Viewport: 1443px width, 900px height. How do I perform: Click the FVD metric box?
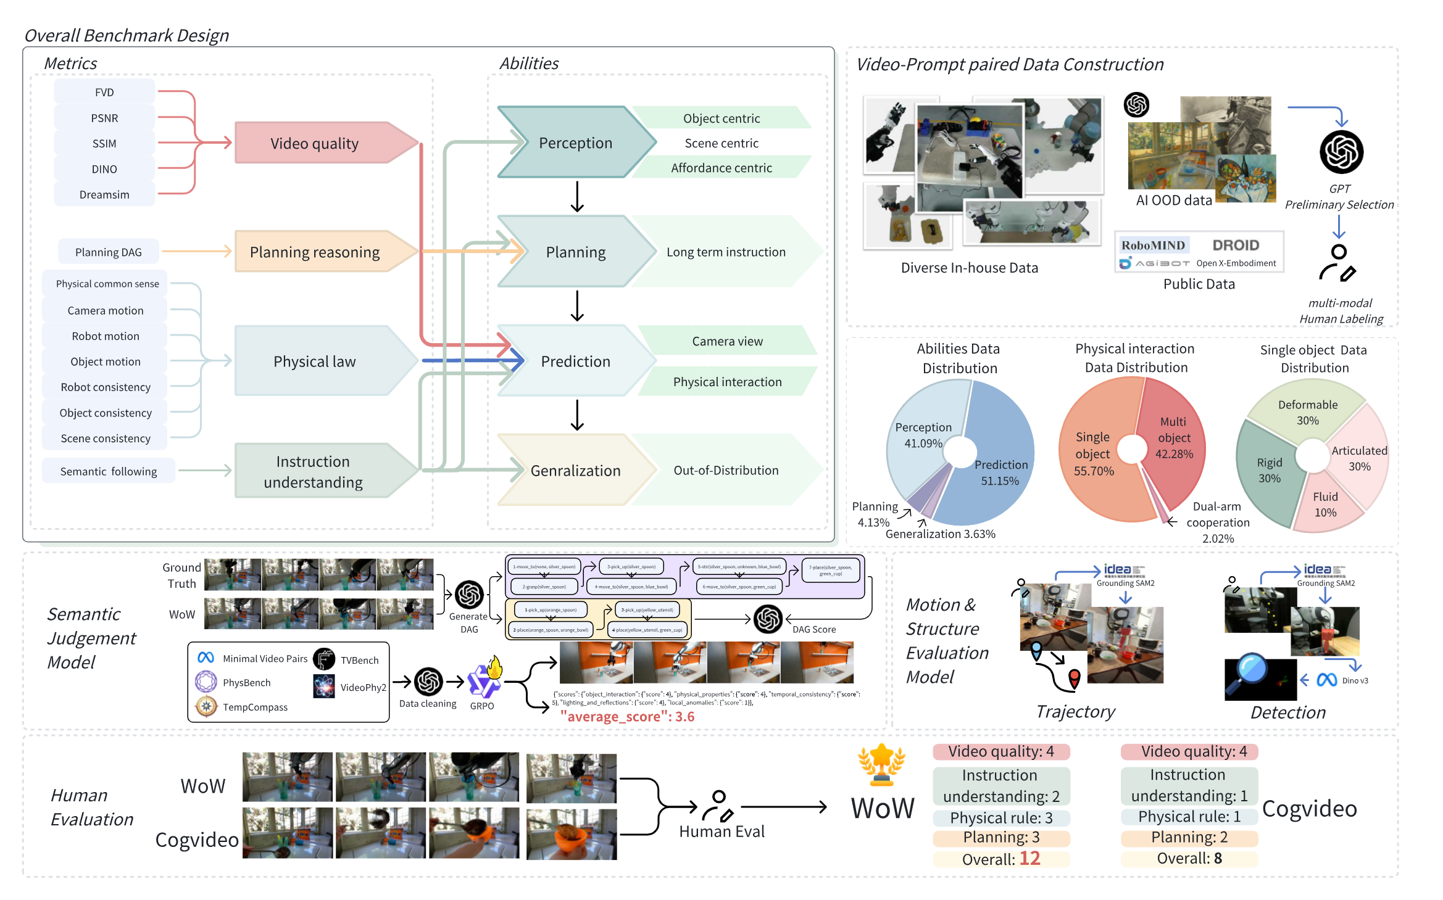pyautogui.click(x=104, y=93)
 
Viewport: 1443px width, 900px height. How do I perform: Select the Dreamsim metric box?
pyautogui.click(x=104, y=195)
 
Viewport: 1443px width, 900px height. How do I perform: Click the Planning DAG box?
pyautogui.click(x=109, y=252)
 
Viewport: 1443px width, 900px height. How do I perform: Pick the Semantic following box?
pyautogui.click(x=109, y=471)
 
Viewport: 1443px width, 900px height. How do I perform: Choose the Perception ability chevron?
pyautogui.click(x=575, y=143)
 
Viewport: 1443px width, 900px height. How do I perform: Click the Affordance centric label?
pyautogui.click(x=721, y=168)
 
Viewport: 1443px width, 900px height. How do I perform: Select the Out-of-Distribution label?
pyautogui.click(x=726, y=471)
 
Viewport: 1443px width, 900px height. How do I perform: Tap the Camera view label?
pyautogui.click(x=727, y=341)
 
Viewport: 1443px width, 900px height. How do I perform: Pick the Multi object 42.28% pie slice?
pyautogui.click(x=1173, y=438)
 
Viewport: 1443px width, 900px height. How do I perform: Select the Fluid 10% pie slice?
pyautogui.click(x=1325, y=505)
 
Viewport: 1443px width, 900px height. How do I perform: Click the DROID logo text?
pyautogui.click(x=1235, y=246)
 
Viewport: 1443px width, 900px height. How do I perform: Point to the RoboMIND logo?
pyautogui.click(x=1153, y=246)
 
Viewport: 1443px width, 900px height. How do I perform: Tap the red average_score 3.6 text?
pyautogui.click(x=627, y=717)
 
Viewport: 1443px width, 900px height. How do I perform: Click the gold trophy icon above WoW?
pyautogui.click(x=881, y=765)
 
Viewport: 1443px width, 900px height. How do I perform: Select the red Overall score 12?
pyautogui.click(x=1029, y=859)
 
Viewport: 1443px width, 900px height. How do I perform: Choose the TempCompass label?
pyautogui.click(x=255, y=708)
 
